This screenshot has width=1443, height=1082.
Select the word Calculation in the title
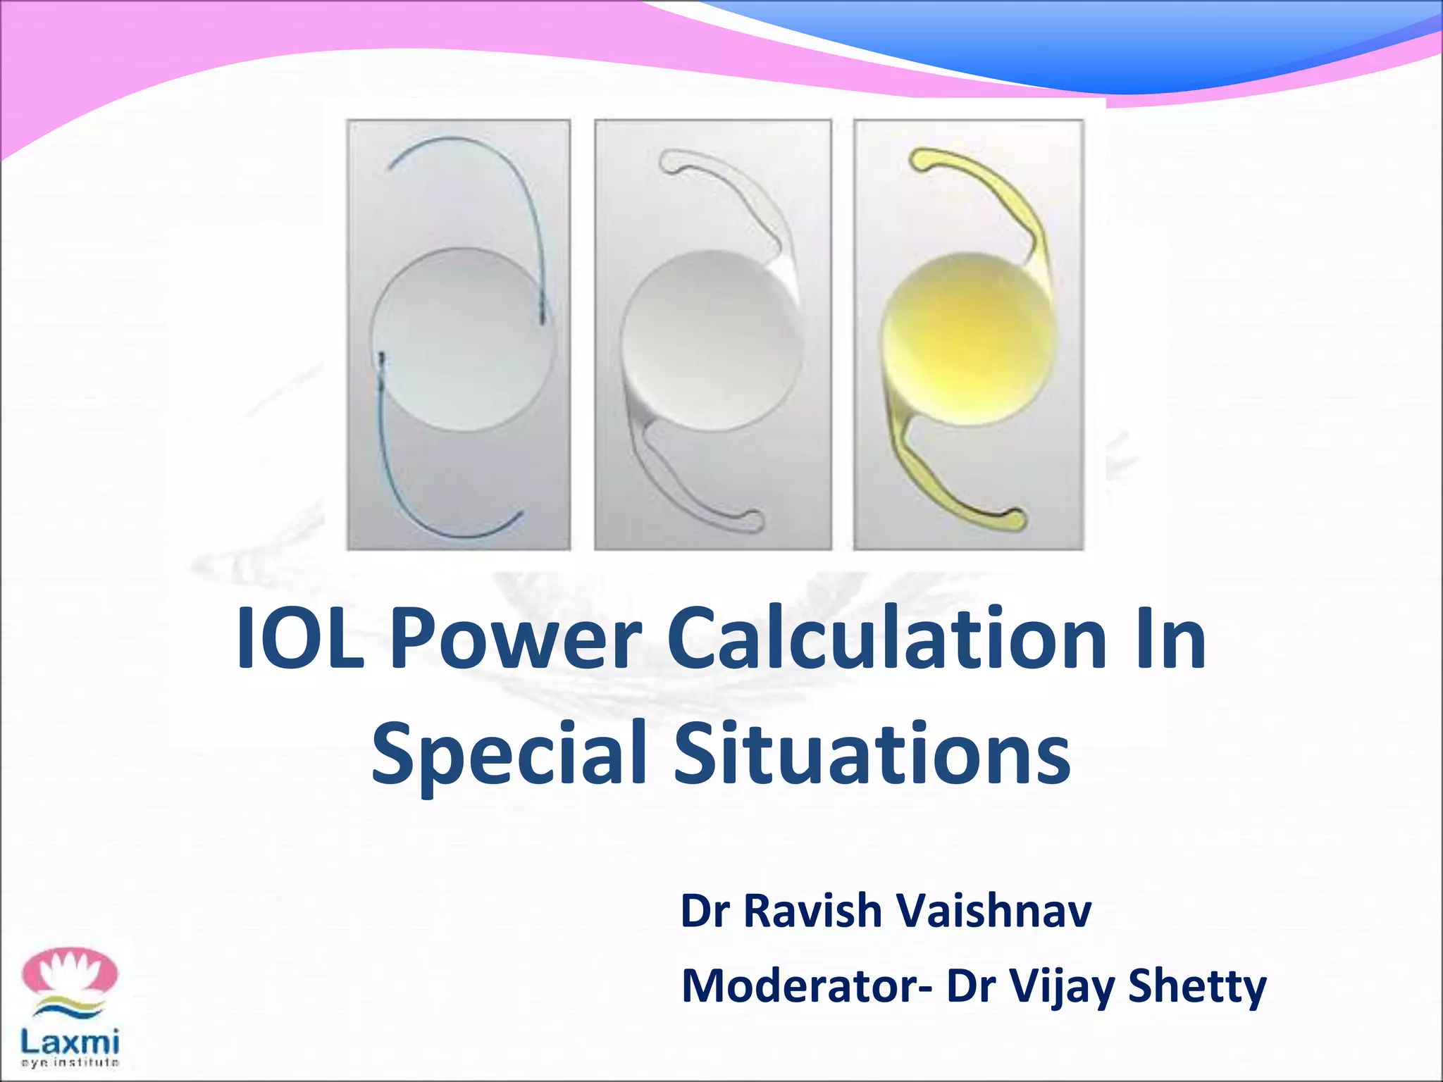click(884, 638)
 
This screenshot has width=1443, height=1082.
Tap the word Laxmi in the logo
click(70, 1040)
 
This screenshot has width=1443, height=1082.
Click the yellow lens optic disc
click(970, 338)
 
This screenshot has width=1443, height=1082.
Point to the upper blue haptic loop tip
click(392, 166)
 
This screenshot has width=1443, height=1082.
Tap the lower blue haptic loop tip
click(519, 514)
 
